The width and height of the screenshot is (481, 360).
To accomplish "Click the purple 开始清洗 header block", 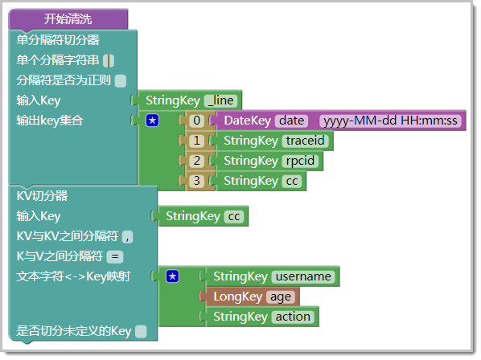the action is click(x=68, y=19).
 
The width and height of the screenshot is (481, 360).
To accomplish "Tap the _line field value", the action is click(x=220, y=100).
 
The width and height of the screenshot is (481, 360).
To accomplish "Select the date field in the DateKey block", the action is click(x=291, y=121).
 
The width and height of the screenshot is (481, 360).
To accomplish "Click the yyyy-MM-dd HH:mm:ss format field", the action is click(x=390, y=121).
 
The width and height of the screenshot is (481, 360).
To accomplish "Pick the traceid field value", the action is click(x=305, y=141).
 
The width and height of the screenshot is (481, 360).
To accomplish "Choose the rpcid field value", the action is click(x=300, y=161).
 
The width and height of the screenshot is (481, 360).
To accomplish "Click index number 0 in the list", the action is click(x=196, y=121).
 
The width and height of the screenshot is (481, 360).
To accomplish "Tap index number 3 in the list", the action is click(x=196, y=181).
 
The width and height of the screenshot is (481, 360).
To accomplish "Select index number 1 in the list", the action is click(x=196, y=141).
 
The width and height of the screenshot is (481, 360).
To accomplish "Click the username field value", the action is click(x=303, y=276).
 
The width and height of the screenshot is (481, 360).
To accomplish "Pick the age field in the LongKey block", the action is click(x=281, y=297).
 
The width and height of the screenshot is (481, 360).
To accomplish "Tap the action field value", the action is click(x=293, y=317).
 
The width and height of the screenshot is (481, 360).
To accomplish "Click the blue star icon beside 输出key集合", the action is click(x=153, y=121).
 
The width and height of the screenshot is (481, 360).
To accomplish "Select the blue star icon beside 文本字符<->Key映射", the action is click(x=172, y=276).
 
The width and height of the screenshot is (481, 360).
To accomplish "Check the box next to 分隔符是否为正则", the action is click(x=121, y=81).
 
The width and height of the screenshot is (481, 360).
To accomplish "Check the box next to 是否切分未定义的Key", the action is click(x=141, y=332).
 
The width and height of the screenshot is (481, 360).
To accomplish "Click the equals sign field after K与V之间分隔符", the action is click(x=115, y=257).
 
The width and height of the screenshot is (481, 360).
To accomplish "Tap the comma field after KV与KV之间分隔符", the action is click(x=127, y=237).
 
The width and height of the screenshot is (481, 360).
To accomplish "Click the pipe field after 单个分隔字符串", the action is click(x=109, y=60).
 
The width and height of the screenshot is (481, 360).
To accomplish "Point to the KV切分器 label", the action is click(x=42, y=196).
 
